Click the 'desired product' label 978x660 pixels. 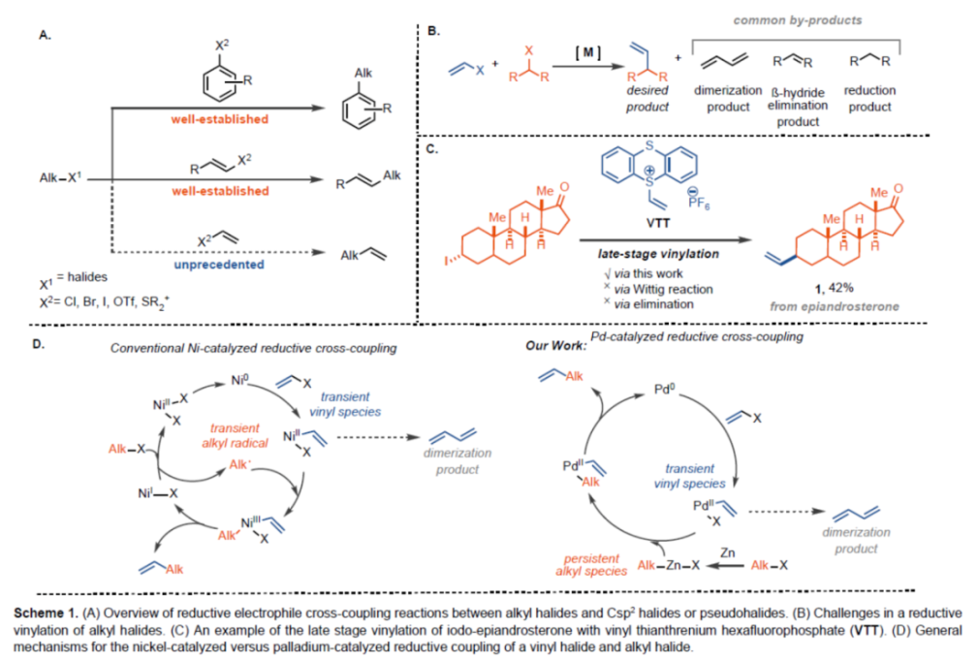tap(647, 99)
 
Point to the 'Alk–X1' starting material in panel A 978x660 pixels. tap(61, 180)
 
